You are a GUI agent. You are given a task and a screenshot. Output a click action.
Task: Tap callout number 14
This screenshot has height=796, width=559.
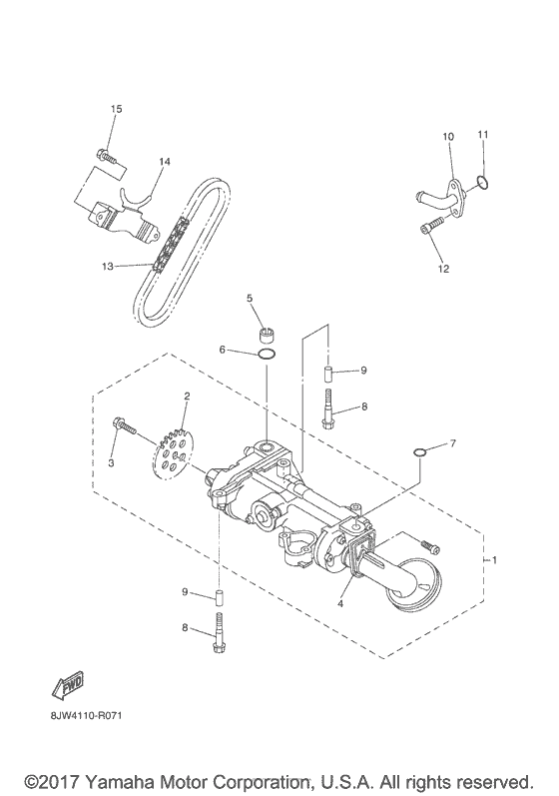(165, 161)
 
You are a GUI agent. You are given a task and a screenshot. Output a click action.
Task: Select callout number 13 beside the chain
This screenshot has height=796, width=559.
(108, 266)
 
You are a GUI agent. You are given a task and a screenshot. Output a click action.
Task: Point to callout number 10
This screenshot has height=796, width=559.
(448, 136)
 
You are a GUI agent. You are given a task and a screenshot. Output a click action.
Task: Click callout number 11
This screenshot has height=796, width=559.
(482, 134)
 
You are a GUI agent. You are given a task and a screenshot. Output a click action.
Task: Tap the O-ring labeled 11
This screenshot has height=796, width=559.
(482, 182)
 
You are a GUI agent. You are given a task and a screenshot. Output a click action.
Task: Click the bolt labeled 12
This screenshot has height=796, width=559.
(430, 228)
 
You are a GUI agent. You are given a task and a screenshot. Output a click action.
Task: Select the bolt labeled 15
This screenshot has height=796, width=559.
(104, 155)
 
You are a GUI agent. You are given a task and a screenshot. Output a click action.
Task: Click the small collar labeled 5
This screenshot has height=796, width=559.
(267, 332)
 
